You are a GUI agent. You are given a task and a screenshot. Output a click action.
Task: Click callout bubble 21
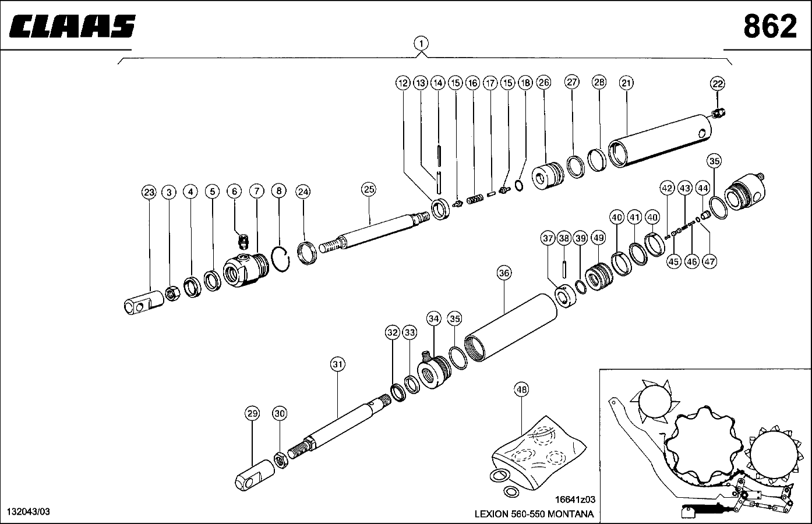(x=626, y=83)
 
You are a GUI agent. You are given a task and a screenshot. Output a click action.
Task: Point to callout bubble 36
(x=504, y=272)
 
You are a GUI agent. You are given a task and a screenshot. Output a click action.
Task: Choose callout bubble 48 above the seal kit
(x=521, y=390)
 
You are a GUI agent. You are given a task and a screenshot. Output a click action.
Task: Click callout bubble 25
(x=369, y=189)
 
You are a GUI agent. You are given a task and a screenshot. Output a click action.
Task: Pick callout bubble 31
(x=338, y=364)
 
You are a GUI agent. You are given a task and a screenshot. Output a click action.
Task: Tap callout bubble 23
(x=149, y=192)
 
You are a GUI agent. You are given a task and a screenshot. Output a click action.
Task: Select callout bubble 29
(x=252, y=414)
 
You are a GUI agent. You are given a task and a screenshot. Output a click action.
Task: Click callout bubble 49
(x=598, y=238)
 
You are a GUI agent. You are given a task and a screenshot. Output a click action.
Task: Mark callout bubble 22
(x=718, y=84)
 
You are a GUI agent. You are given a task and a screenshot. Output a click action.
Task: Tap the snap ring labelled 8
(x=281, y=258)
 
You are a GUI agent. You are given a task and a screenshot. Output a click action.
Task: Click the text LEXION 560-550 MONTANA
(x=534, y=514)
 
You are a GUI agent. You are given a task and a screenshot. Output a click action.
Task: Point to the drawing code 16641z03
(x=575, y=500)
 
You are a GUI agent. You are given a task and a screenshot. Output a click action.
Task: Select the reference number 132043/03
(x=28, y=511)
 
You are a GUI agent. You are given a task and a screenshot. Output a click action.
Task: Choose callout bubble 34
(x=433, y=318)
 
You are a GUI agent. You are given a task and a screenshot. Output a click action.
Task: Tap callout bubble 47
(x=709, y=261)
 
